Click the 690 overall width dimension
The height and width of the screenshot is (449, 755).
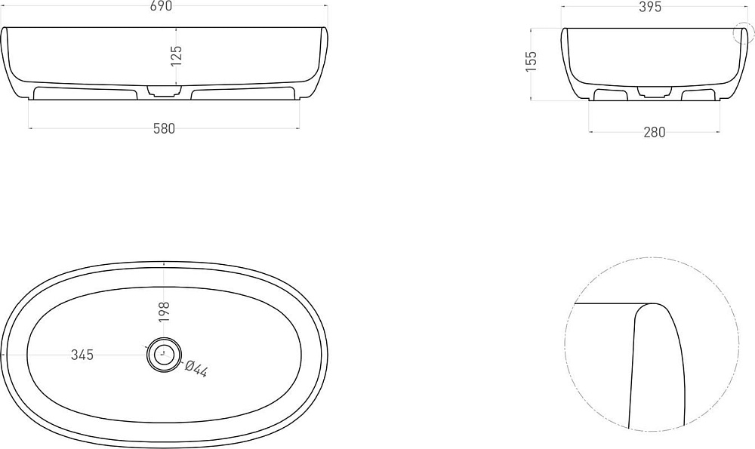162,6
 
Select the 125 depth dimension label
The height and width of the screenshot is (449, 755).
176,56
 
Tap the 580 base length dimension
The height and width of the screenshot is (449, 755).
164,129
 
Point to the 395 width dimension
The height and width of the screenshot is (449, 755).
651,7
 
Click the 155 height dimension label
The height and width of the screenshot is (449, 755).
531,62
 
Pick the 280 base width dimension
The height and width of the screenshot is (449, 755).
655,132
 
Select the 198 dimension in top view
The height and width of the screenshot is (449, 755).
164,312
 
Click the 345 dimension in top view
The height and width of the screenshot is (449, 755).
82,355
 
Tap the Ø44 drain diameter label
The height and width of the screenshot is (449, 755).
196,368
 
